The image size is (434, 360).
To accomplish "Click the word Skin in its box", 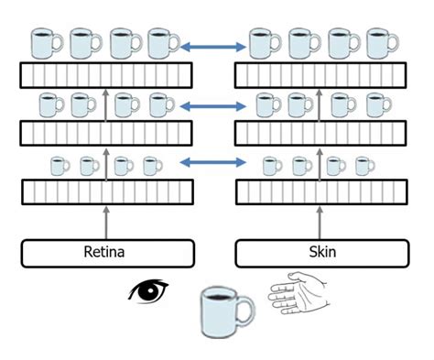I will (x=322, y=252).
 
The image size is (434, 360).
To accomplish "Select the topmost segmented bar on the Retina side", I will (x=107, y=74).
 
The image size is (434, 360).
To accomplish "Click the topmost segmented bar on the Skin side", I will (x=322, y=74).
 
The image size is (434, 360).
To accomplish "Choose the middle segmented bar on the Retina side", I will (x=107, y=134).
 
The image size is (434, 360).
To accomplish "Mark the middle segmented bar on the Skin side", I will (x=322, y=134).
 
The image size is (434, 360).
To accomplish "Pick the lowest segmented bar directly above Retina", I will (x=107, y=192).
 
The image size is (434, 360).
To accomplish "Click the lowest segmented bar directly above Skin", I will (x=322, y=192).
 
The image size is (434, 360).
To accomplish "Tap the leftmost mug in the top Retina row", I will (x=46, y=43).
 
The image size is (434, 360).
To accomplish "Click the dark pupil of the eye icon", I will (x=150, y=291).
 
